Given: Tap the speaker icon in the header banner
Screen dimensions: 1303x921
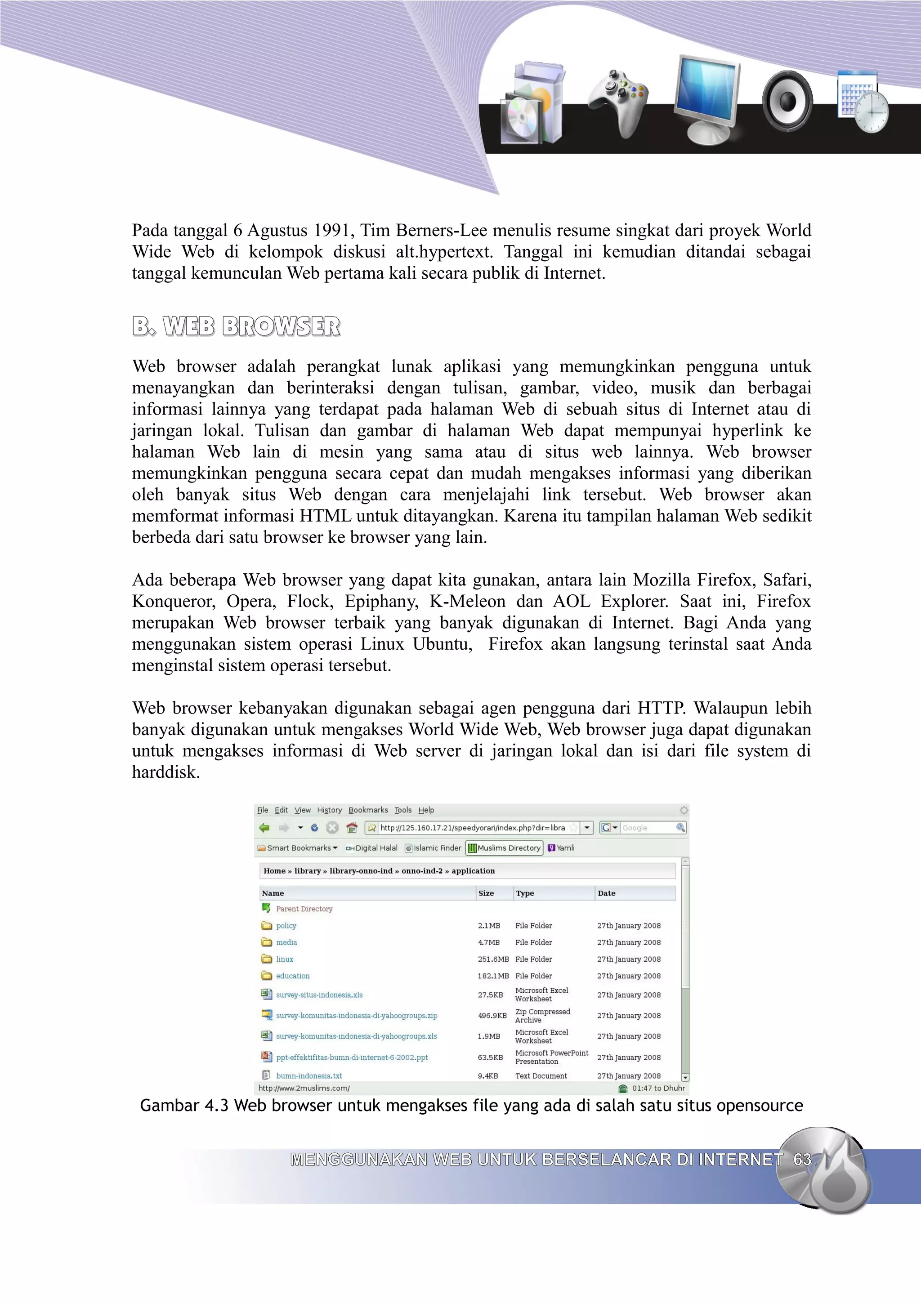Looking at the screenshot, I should coord(787,101).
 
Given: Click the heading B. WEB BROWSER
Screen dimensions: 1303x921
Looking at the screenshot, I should coord(236,326).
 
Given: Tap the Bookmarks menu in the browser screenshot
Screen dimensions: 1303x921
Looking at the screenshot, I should coord(368,810).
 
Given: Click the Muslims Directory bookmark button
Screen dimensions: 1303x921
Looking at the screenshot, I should coord(505,848).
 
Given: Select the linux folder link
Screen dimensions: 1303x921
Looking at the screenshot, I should coord(284,959).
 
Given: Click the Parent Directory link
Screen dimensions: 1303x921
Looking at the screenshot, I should coord(304,909).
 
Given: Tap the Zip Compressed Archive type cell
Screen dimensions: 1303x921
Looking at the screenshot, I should coord(542,1015).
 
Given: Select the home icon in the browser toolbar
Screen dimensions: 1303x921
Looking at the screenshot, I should coord(352,827).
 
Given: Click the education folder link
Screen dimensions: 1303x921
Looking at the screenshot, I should coord(292,976).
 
